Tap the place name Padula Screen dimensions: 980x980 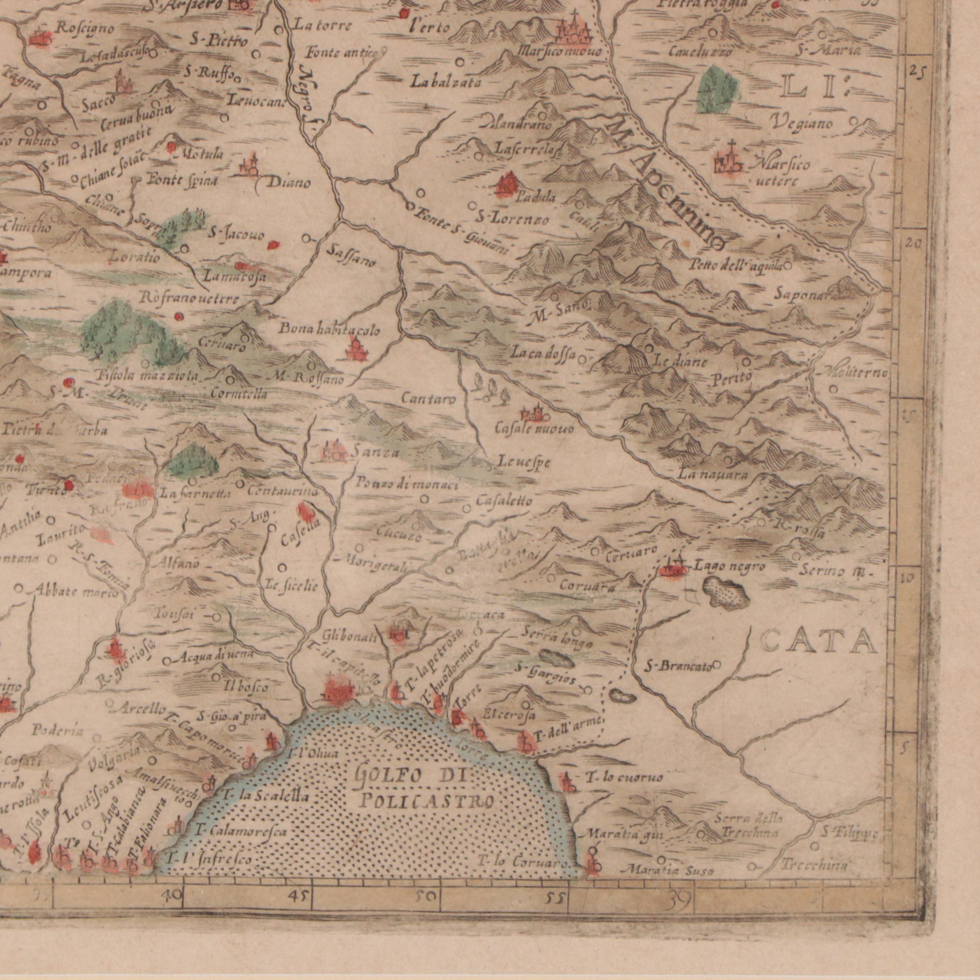tap(535, 198)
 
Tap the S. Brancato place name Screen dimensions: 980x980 tap(678, 665)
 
